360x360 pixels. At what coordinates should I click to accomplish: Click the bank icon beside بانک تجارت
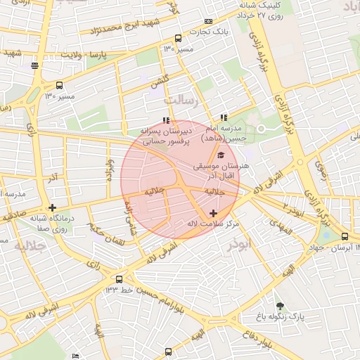coord(208,22)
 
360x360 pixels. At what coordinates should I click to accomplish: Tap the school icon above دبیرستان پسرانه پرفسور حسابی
coord(166,120)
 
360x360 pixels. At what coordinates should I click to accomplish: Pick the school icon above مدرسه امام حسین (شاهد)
coord(224,117)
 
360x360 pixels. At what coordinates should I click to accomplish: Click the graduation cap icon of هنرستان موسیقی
coord(221,155)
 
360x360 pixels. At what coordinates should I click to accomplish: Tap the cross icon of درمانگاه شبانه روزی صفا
coord(52,207)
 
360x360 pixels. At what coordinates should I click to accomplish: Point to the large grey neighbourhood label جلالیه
coord(30,245)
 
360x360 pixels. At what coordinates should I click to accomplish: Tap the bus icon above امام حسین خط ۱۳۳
coord(120,279)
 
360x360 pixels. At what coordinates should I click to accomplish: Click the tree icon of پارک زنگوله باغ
coord(281,306)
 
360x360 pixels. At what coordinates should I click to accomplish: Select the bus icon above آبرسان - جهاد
coord(345,236)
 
